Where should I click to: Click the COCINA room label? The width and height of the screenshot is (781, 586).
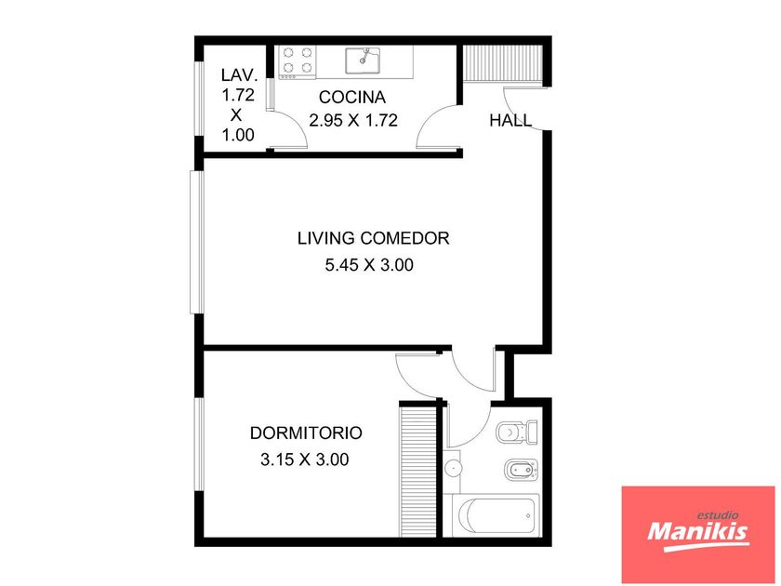(352, 97)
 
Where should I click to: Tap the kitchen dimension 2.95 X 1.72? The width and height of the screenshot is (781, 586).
(353, 121)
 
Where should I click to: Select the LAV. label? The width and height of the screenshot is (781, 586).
(239, 75)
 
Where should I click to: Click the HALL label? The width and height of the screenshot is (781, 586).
(510, 121)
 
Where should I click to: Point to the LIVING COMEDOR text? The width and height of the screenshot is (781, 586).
(374, 238)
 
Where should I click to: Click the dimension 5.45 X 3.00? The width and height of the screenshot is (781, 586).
(369, 265)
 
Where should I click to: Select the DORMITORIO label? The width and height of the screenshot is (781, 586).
(306, 433)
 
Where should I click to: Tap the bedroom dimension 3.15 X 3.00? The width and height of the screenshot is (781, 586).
(304, 459)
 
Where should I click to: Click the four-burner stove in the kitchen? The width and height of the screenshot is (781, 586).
(298, 62)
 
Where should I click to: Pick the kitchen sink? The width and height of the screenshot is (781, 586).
(364, 60)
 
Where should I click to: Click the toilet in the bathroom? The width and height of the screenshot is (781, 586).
(517, 431)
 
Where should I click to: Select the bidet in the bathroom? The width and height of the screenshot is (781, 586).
(522, 470)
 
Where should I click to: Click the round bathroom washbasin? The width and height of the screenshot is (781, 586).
(453, 468)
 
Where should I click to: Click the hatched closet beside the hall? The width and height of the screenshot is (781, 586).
(503, 62)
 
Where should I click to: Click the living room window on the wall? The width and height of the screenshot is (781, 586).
(197, 242)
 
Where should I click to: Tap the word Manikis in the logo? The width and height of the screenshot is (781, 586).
(698, 532)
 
